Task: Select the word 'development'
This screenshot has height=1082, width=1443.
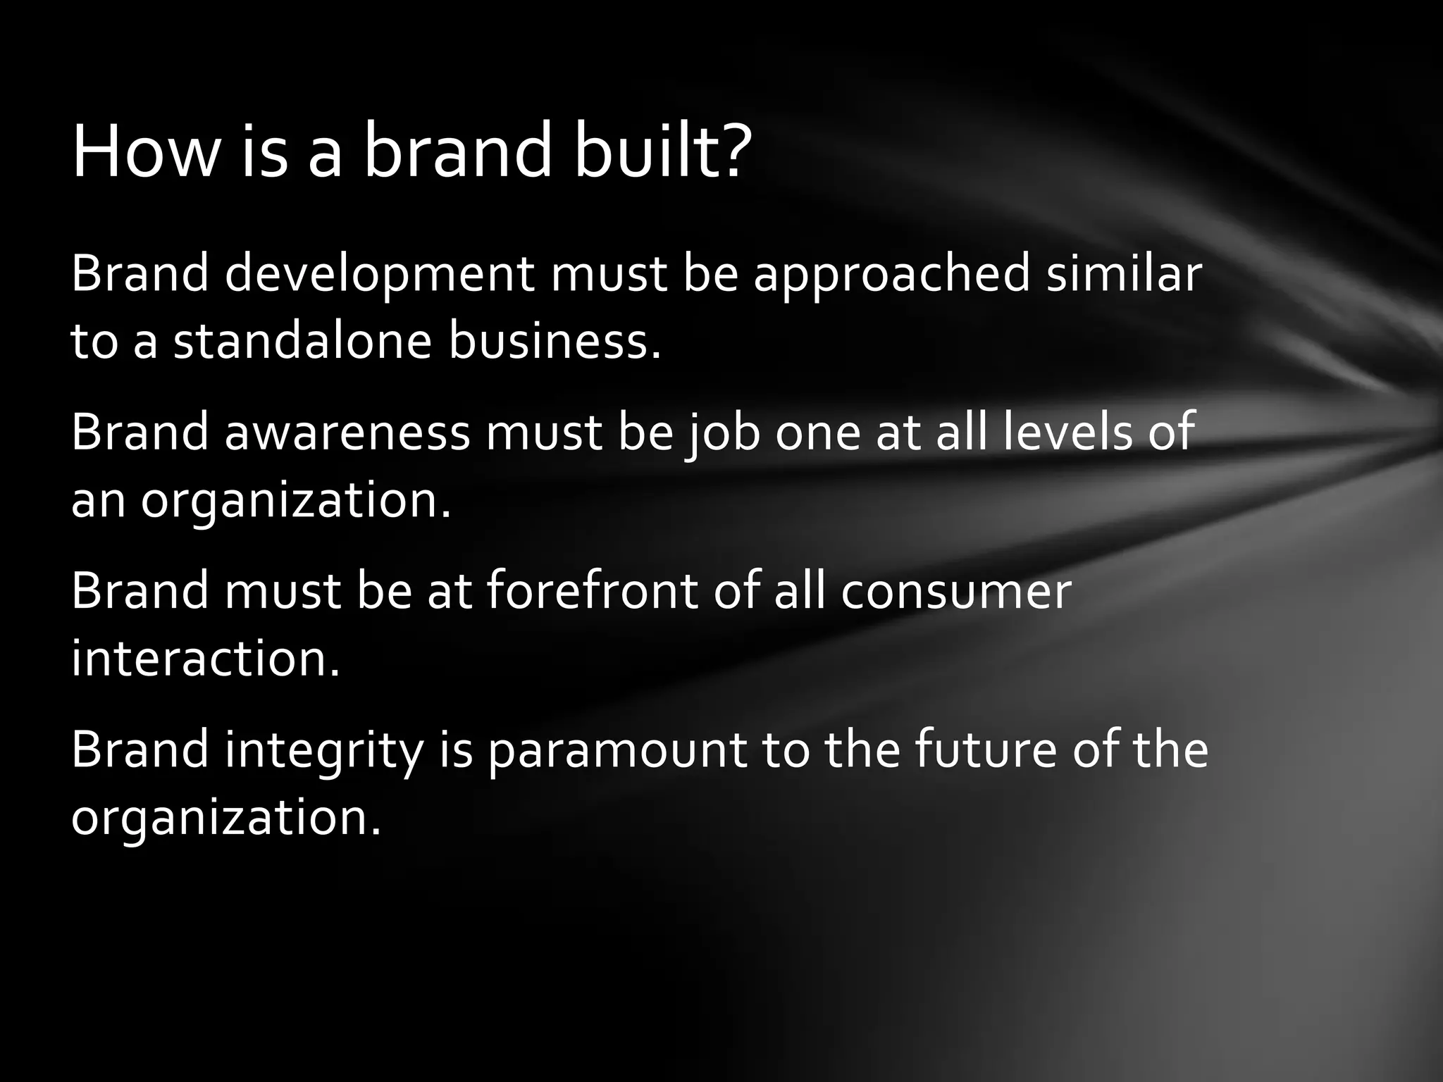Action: coord(380,275)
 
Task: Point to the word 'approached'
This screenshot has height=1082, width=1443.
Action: coord(892,275)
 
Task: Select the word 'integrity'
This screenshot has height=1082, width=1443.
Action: coord(323,750)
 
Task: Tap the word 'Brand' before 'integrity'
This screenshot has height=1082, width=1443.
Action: coord(140,750)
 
